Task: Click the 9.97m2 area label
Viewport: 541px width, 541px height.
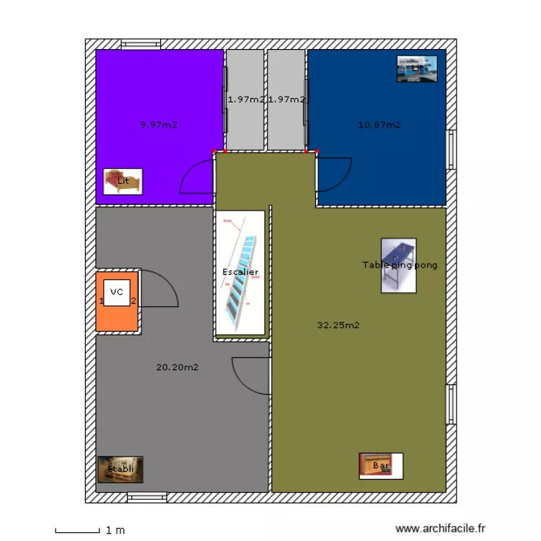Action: point(159,125)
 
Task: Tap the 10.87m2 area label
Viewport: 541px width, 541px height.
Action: point(379,125)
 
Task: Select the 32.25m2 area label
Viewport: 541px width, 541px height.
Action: point(338,325)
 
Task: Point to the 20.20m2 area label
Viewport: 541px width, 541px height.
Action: point(177,367)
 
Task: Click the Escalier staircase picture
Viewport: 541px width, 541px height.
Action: point(240,272)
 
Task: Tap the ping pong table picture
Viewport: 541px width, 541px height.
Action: point(399,265)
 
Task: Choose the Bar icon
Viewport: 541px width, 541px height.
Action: point(381,466)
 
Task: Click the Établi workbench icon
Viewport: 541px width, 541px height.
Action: point(120,469)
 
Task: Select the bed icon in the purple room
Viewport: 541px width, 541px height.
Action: point(123,181)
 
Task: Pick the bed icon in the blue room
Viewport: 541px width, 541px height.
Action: point(417,69)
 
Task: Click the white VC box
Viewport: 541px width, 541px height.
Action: point(117,293)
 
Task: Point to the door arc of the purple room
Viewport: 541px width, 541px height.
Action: point(197,177)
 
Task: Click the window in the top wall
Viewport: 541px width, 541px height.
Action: point(141,44)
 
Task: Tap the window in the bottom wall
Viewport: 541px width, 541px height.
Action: point(147,497)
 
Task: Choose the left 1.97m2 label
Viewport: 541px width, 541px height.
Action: point(246,100)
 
